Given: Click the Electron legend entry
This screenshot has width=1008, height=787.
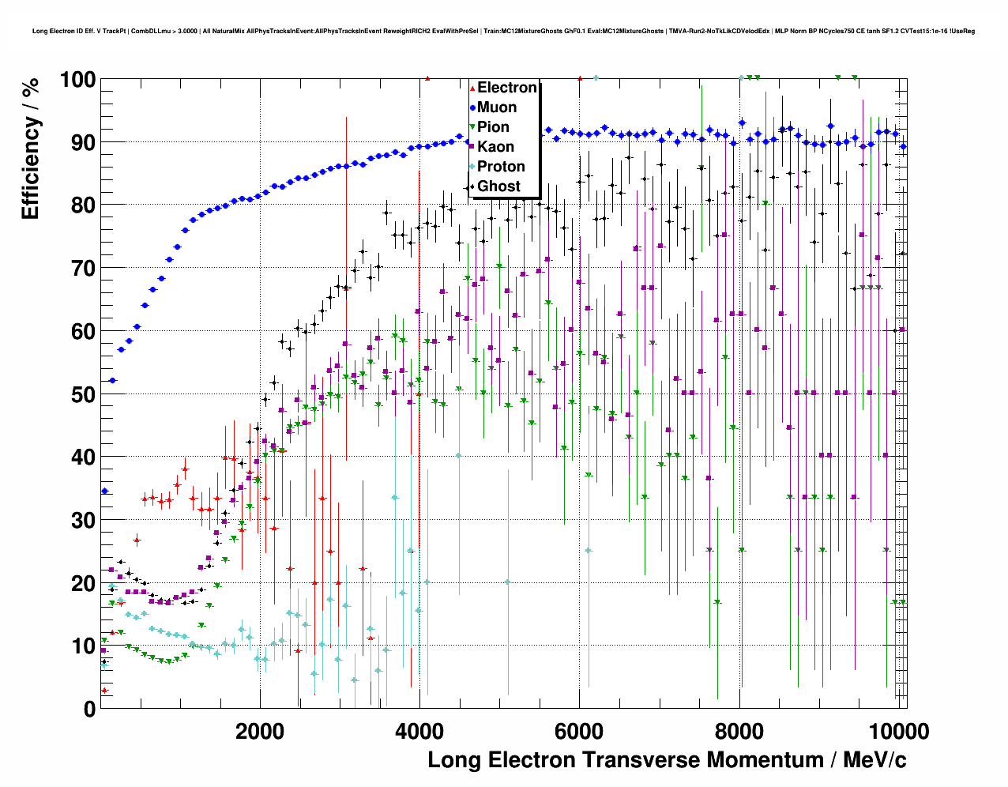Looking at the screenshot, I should click(506, 88).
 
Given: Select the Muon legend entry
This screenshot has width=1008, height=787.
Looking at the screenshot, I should click(497, 107).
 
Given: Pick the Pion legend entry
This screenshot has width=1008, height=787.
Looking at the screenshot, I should click(493, 127).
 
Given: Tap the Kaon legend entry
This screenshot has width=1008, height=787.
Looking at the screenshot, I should click(495, 147).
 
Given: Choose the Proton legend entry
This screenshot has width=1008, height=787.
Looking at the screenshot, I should click(501, 167).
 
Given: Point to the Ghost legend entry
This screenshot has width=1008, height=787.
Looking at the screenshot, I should click(498, 186).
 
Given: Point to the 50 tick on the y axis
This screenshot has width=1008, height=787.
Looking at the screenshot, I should click(84, 394).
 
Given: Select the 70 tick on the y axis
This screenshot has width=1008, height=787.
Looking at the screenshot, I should click(84, 269).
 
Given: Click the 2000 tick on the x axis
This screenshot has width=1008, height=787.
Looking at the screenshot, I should click(260, 731).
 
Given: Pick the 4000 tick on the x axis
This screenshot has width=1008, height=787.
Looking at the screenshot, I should click(419, 731).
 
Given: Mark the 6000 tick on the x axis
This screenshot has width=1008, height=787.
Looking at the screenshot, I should click(579, 731).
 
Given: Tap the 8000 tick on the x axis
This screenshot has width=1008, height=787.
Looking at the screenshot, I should click(739, 731).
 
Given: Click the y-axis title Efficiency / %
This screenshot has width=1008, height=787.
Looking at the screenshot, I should click(30, 149).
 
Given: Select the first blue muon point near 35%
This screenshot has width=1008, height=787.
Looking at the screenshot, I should click(104, 491).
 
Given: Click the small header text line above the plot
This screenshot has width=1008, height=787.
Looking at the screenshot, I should click(503, 32).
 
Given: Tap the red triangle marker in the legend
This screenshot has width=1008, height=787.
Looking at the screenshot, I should click(472, 88).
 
